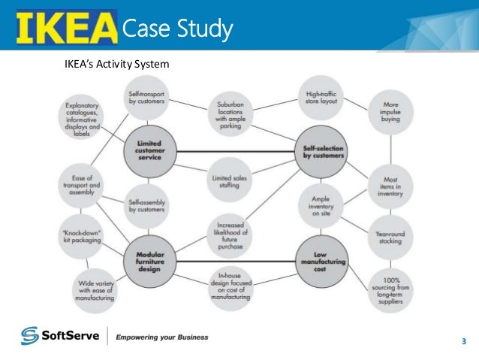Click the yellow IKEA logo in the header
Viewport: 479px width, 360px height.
65,28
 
